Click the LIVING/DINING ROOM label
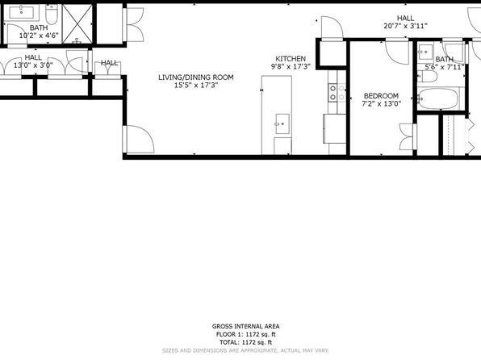[196, 77]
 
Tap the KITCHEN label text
[291, 59]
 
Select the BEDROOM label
[381, 96]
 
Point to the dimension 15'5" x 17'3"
[196, 86]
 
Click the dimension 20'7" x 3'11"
[405, 26]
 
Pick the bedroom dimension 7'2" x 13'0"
[382, 104]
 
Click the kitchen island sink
[282, 123]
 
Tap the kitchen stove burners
[333, 93]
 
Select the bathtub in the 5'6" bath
[438, 98]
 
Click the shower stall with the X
[77, 23]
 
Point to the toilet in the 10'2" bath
[51, 15]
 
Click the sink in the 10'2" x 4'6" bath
[22, 13]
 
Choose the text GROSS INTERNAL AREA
[245, 326]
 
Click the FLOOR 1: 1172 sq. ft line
[245, 334]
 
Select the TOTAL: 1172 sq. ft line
[245, 342]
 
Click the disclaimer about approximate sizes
[245, 350]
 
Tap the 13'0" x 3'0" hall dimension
[33, 65]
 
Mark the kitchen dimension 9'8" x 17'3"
[291, 67]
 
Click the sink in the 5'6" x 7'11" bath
[425, 51]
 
